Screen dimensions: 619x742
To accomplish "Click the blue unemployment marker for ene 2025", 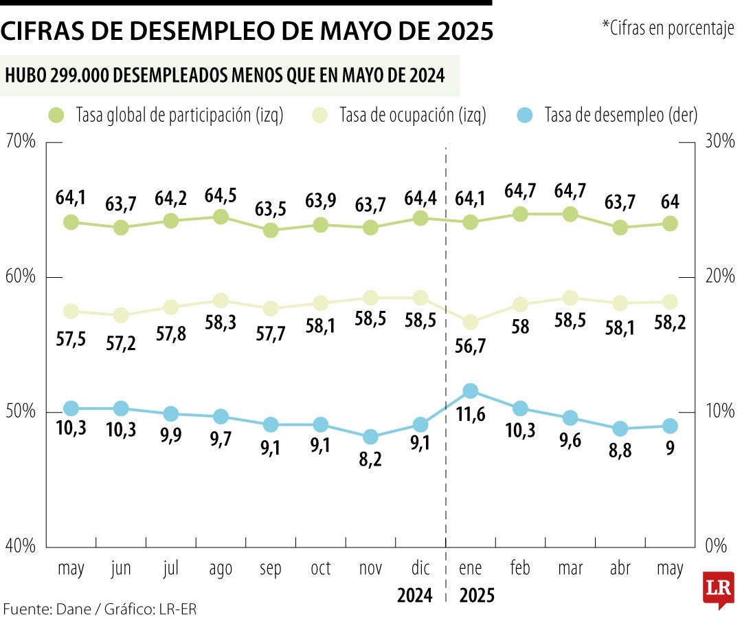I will [471, 391].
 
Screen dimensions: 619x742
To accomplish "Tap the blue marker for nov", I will [370, 437].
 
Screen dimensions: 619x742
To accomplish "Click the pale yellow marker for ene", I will [471, 322].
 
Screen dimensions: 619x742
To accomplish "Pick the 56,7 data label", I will [471, 346].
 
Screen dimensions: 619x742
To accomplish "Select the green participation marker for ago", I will [221, 217].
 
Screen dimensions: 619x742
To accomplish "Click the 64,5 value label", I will [221, 195].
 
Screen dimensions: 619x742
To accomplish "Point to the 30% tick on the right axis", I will [719, 142].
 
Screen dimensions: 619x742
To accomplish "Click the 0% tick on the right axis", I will [716, 547].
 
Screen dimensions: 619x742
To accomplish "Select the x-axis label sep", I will [271, 569].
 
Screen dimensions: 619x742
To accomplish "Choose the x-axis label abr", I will [620, 569].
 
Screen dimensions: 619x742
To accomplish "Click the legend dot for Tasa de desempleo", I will [524, 116].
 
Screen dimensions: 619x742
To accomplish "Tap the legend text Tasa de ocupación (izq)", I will [413, 116].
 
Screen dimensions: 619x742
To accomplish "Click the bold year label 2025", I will [477, 595].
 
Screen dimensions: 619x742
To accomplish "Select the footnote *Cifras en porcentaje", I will [668, 29].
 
